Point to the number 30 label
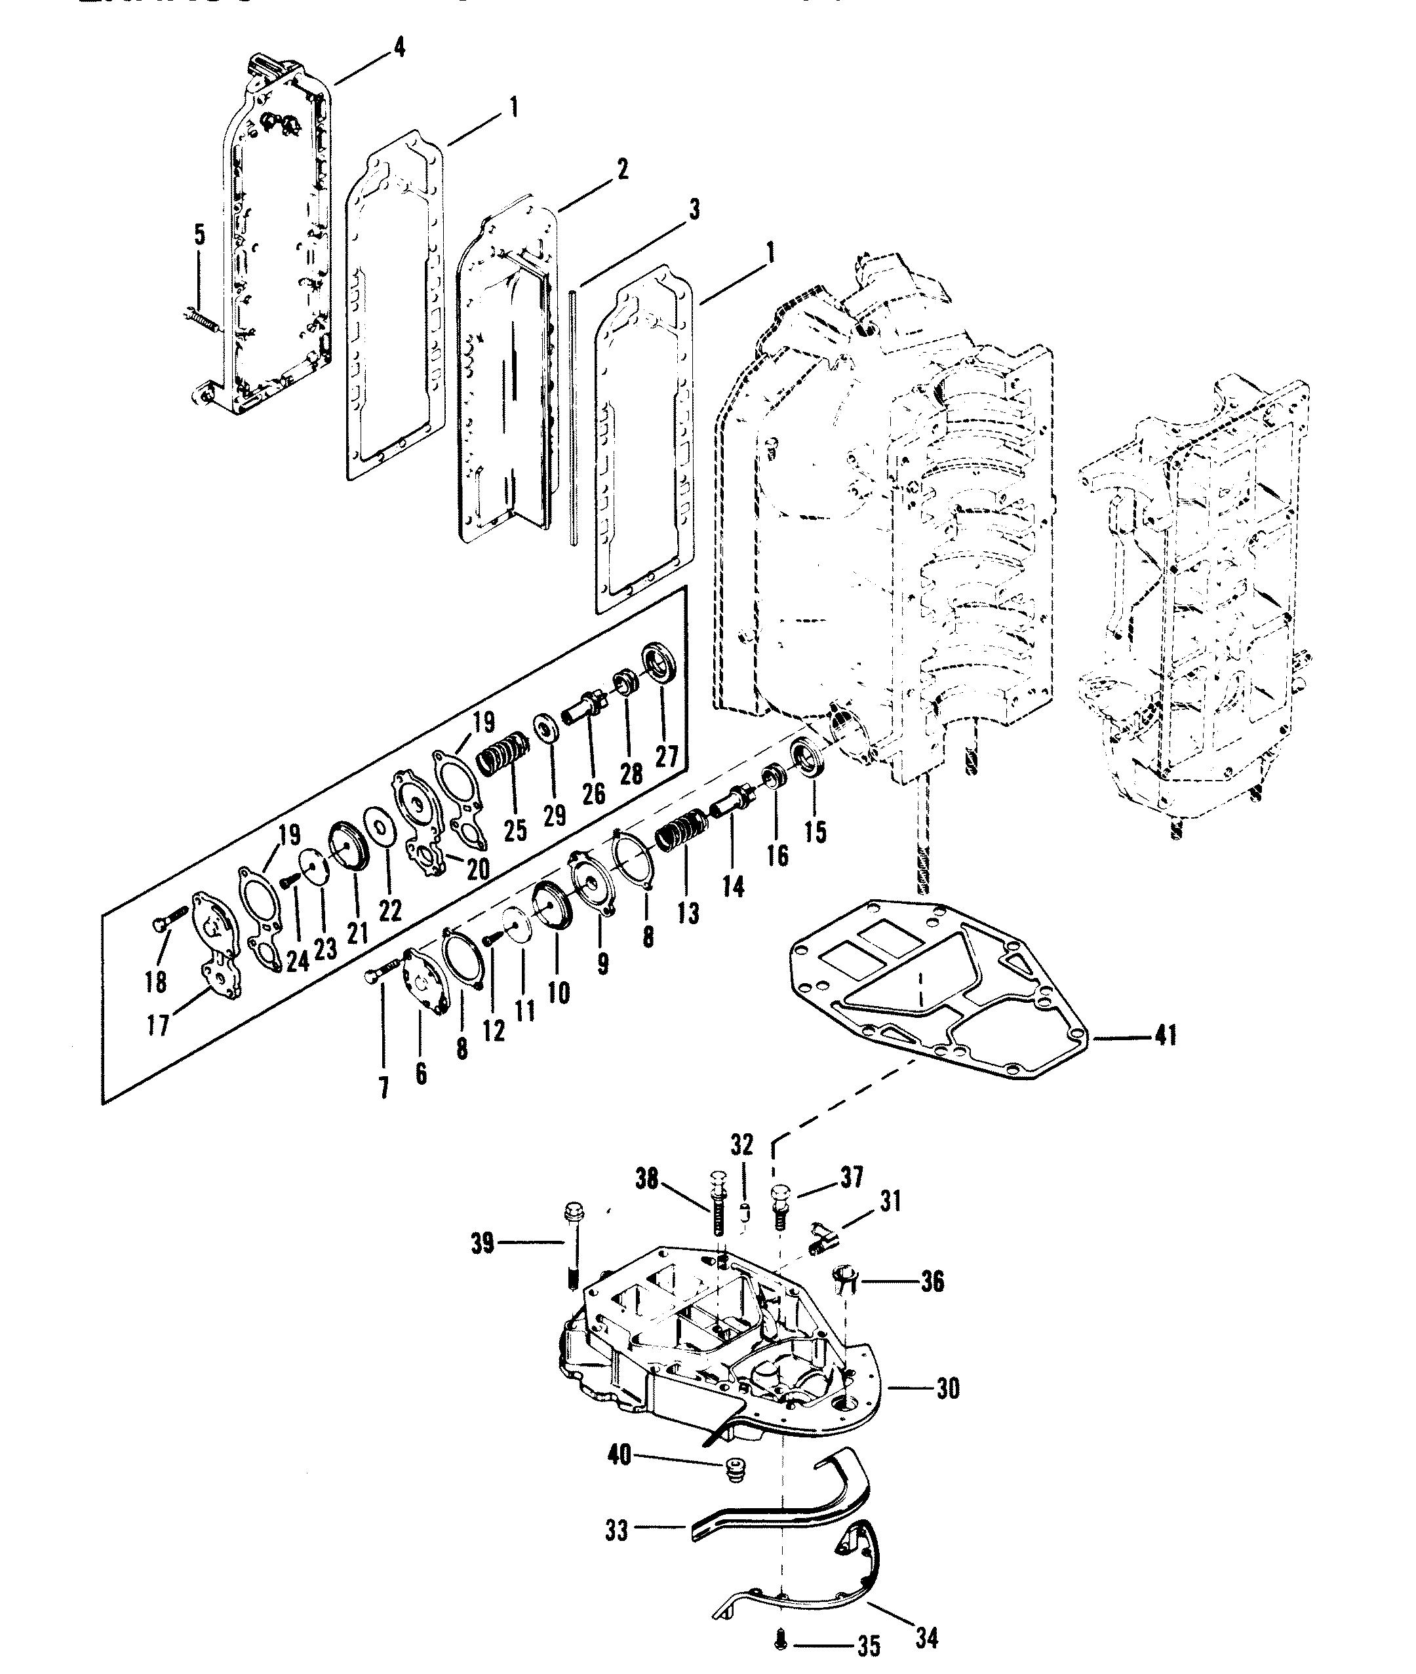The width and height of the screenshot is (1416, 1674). pyautogui.click(x=947, y=1388)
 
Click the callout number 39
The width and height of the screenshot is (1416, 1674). pyautogui.click(x=482, y=1245)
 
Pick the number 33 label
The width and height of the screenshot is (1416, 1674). pyautogui.click(x=616, y=1531)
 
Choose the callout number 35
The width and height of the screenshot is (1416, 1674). pyautogui.click(x=869, y=1646)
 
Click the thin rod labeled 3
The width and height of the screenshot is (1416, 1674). pyautogui.click(x=573, y=418)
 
